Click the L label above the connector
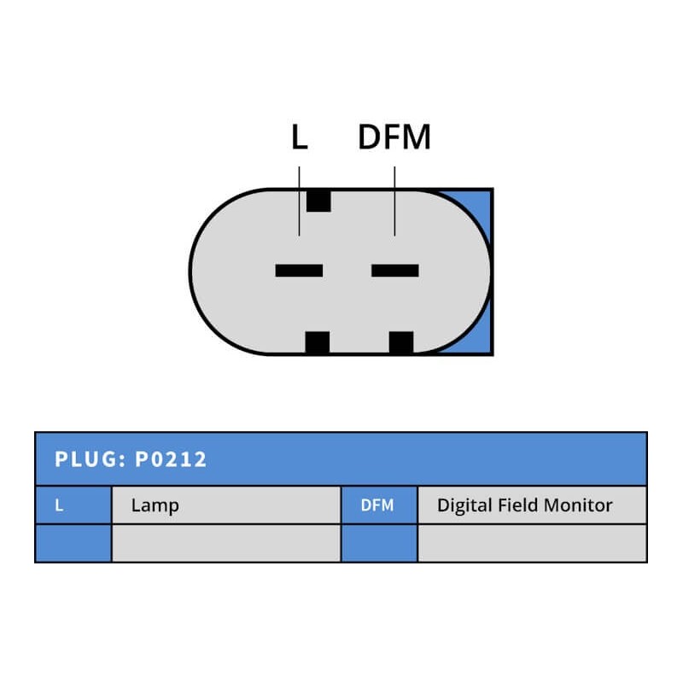(x=299, y=137)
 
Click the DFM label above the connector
(x=394, y=137)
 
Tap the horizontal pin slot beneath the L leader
(x=299, y=271)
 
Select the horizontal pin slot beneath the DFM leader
(x=394, y=271)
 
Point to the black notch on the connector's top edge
(x=318, y=200)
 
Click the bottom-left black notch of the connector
(x=317, y=342)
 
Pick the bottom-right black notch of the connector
(x=401, y=342)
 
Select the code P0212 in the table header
(x=171, y=459)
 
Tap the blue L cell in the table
(x=73, y=505)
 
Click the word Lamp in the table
(x=155, y=505)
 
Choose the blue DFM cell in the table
(x=378, y=505)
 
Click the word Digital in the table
(x=466, y=505)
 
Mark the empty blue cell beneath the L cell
(x=73, y=543)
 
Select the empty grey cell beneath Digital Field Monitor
(x=531, y=543)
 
